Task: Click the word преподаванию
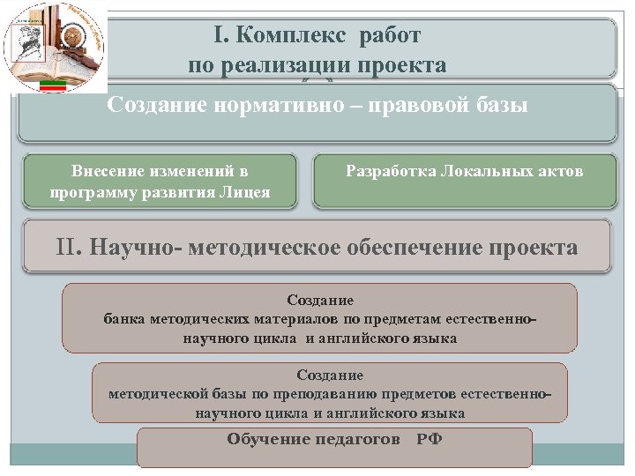click(x=341, y=394)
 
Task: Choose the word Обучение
click(x=268, y=439)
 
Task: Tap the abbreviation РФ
click(x=430, y=439)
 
